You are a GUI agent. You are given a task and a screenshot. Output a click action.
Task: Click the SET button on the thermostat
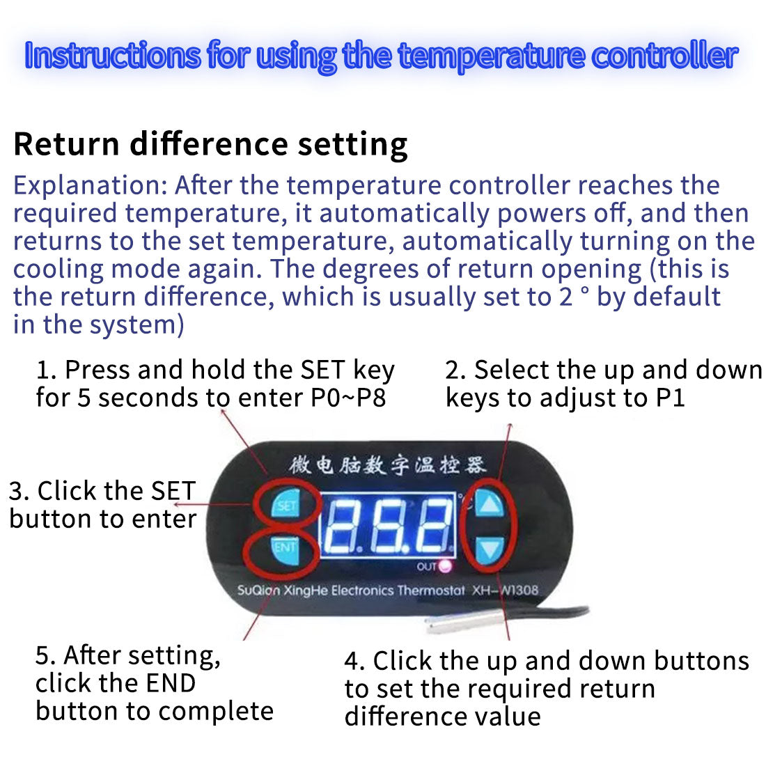(286, 505)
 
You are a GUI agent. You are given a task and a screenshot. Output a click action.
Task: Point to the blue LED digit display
(387, 525)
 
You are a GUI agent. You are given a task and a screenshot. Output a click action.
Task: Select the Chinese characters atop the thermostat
(387, 464)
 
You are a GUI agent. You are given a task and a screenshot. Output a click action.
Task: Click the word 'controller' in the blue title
(664, 56)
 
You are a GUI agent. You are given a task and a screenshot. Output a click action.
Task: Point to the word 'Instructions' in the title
(112, 56)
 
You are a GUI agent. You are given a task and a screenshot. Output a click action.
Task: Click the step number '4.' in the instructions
(354, 661)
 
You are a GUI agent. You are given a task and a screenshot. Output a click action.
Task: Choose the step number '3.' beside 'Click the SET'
(19, 491)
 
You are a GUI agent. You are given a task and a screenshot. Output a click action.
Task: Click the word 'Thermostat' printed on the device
(431, 591)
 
